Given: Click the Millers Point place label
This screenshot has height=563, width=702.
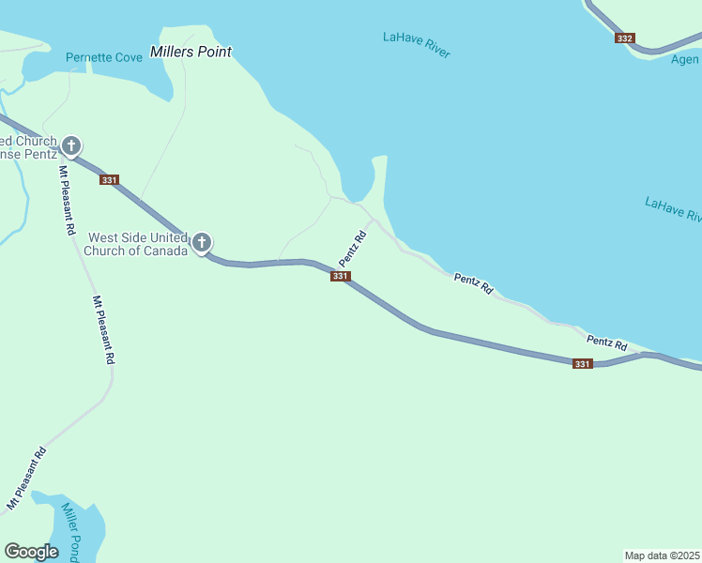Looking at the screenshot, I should point(191,52).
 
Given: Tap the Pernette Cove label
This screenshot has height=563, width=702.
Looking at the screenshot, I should point(104,58).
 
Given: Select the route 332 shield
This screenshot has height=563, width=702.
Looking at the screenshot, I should point(625,38).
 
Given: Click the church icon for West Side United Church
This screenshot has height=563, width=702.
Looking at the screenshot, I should point(201,243).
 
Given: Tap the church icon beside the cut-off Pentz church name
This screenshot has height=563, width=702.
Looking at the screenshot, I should point(71,145).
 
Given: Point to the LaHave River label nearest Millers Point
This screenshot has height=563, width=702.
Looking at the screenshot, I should point(417,44).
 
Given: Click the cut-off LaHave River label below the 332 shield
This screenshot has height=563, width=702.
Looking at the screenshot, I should point(673,209).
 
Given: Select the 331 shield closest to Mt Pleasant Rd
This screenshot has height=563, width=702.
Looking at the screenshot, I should point(110,180).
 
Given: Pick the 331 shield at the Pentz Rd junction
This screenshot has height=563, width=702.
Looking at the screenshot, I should point(341,276).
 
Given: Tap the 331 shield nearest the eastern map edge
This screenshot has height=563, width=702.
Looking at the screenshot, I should point(583,364).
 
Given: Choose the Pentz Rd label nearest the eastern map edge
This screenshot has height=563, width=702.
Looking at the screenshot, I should point(606,345).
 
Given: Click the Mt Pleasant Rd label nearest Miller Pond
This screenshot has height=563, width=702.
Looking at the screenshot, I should point(26,479).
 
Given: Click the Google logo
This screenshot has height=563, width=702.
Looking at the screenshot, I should point(31,552).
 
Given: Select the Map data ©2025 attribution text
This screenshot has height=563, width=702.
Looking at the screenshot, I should point(662,555).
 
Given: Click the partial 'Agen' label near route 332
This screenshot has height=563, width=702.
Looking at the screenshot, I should point(685,59).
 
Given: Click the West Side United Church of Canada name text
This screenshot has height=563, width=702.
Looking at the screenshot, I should point(136,244).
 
